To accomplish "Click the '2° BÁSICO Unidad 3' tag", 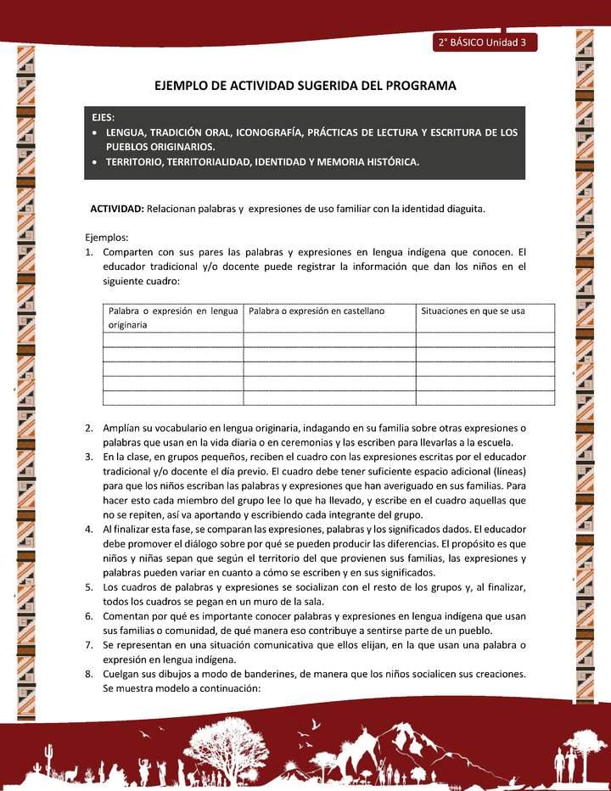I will (x=483, y=42).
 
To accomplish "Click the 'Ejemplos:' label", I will (x=107, y=238).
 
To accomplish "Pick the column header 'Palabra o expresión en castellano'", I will (x=317, y=311).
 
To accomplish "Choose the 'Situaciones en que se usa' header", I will (x=473, y=311).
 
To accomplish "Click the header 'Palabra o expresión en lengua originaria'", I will (x=172, y=317).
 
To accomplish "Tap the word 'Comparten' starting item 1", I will (x=129, y=252).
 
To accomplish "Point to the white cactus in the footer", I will (x=50, y=755).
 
